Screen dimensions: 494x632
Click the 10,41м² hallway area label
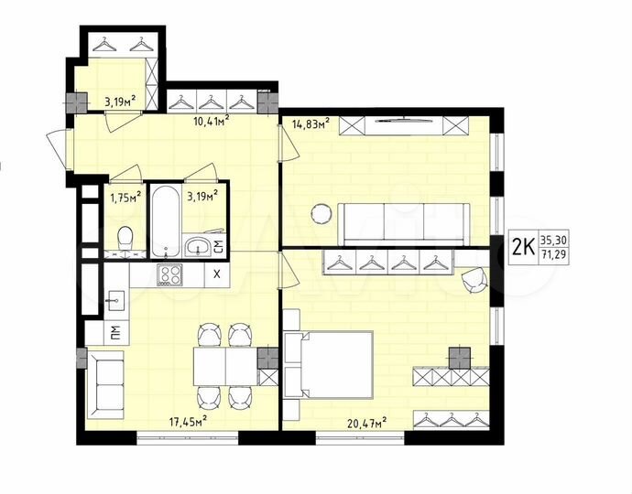[x=210, y=117]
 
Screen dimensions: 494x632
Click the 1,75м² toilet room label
[x=125, y=196]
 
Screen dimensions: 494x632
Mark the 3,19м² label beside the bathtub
[x=202, y=195]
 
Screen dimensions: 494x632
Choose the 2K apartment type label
[x=523, y=246]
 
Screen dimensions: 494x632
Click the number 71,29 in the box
[x=552, y=254]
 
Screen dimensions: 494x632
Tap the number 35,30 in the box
[x=552, y=237]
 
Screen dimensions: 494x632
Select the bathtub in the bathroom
[x=166, y=221]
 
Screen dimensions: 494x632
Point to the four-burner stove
[x=169, y=274]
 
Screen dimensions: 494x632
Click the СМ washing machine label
[x=217, y=245]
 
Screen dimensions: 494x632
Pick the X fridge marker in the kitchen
[x=216, y=274]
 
